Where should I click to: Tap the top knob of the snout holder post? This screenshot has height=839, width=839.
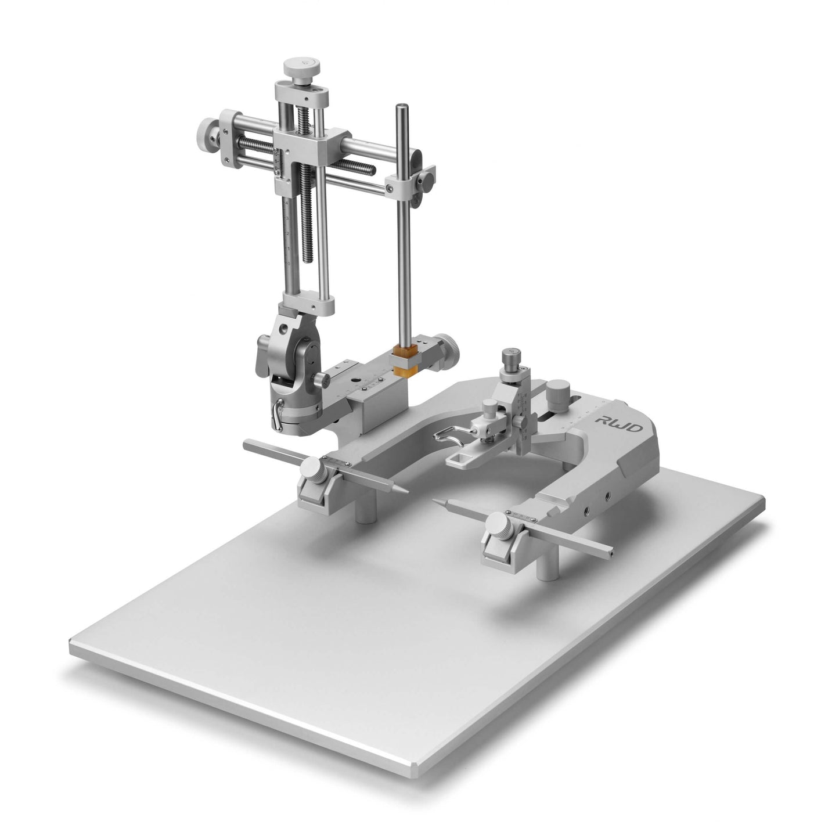click(512, 356)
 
